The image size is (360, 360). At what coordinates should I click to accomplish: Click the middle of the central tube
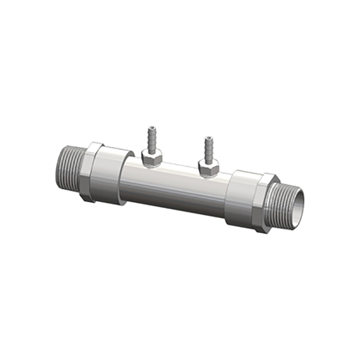click(x=175, y=186)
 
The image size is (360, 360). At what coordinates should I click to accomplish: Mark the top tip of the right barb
click(x=208, y=138)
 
